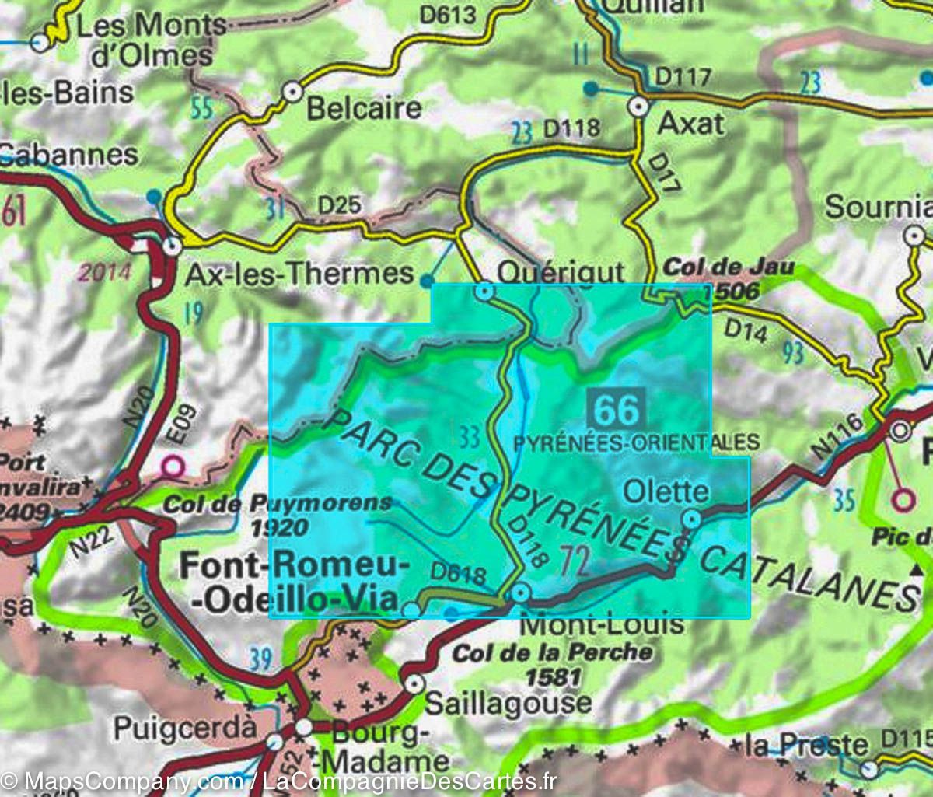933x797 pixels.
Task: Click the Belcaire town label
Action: pyautogui.click(x=364, y=108)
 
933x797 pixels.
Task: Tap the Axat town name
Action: pyautogui.click(x=690, y=124)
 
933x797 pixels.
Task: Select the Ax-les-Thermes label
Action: pyautogui.click(x=299, y=273)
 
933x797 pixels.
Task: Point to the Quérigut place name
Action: pyautogui.click(x=560, y=272)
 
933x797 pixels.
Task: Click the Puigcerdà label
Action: pyautogui.click(x=185, y=729)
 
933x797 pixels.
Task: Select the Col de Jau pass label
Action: pyautogui.click(x=729, y=268)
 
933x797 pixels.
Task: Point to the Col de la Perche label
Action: pyautogui.click(x=552, y=653)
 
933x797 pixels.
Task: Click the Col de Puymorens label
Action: pyautogui.click(x=277, y=504)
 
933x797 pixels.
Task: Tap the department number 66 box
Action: pyautogui.click(x=617, y=407)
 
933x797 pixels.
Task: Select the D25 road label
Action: pyautogui.click(x=339, y=205)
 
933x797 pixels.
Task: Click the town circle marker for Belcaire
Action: pyautogui.click(x=292, y=92)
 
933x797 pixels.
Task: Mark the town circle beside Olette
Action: pyautogui.click(x=691, y=519)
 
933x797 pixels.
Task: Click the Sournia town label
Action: pyautogui.click(x=877, y=207)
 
